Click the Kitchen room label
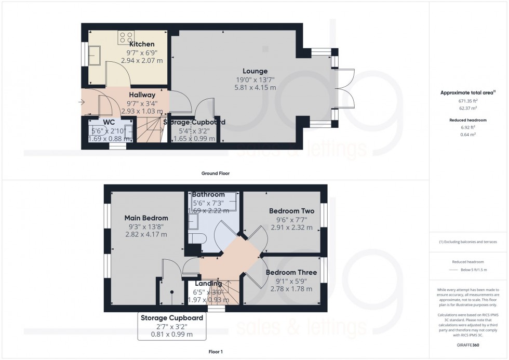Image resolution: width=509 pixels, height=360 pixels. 142,44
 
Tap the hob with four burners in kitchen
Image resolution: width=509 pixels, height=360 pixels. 126,36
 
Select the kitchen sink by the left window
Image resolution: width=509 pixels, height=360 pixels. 95,55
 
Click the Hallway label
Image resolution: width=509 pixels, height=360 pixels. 142,95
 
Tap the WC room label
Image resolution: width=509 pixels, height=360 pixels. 109,122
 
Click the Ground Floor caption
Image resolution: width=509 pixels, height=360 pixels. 216,173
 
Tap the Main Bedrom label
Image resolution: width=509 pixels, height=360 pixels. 146,218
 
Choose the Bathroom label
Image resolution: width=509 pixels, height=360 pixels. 208,194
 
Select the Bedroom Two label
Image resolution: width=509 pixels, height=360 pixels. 291,211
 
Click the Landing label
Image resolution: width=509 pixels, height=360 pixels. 208,284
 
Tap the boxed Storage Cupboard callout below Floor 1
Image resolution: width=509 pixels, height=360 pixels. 171,326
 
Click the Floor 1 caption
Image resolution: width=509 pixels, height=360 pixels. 215,352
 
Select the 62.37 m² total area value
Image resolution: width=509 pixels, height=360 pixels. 467,108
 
